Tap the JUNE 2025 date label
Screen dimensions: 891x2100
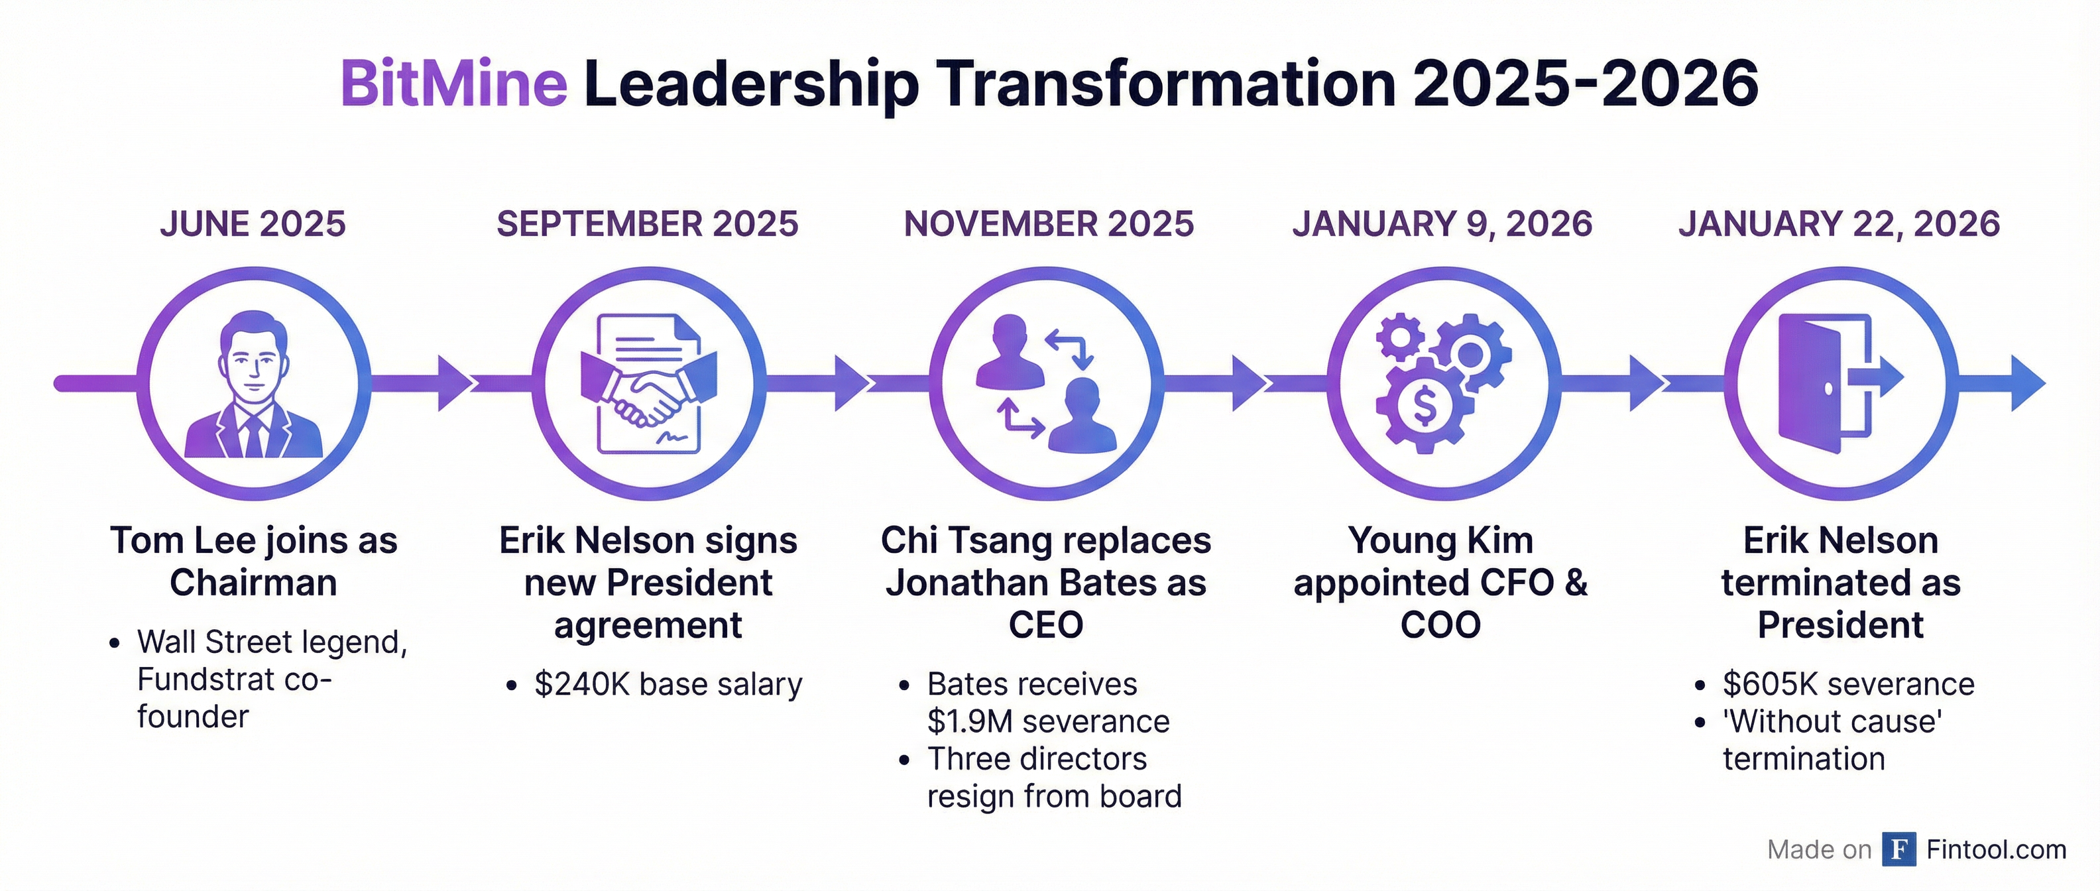click(253, 224)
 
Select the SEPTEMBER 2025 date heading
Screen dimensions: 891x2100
click(647, 224)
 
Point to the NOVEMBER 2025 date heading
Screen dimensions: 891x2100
click(1049, 224)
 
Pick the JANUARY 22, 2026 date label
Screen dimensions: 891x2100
click(1839, 224)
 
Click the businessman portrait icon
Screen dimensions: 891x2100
click(253, 384)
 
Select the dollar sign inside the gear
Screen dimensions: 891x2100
click(1424, 406)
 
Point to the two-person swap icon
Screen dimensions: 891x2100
click(1047, 383)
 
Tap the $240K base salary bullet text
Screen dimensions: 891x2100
click(668, 685)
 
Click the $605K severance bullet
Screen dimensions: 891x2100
click(1848, 685)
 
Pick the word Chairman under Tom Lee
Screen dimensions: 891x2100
click(253, 583)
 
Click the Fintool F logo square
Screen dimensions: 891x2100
click(1898, 849)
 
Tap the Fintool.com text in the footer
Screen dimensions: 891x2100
click(1996, 849)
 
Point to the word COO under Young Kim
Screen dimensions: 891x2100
click(1440, 626)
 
